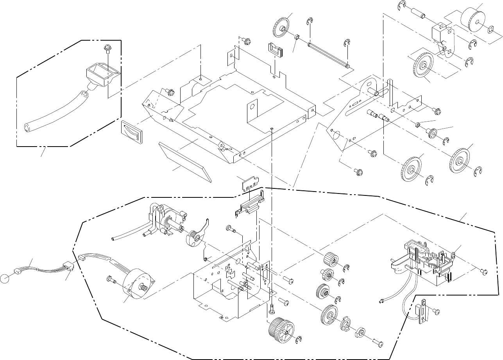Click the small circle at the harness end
5,278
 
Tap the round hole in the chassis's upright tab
252,106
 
